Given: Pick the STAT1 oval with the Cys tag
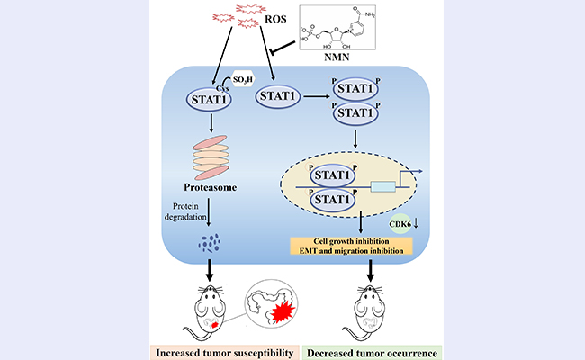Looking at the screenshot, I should click(209, 100).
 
